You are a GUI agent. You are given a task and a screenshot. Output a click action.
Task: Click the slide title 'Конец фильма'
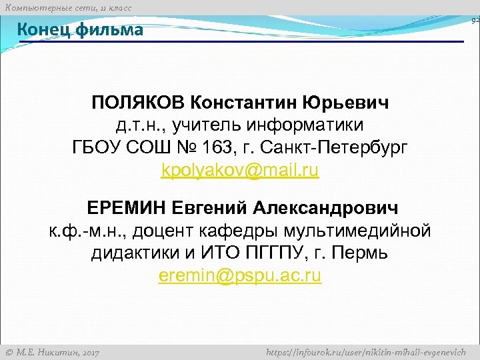[79, 30]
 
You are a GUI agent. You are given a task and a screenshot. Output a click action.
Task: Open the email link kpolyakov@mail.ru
[240, 170]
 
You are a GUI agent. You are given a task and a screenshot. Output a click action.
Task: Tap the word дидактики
[137, 253]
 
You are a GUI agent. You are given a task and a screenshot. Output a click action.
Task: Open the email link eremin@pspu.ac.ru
[240, 276]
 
